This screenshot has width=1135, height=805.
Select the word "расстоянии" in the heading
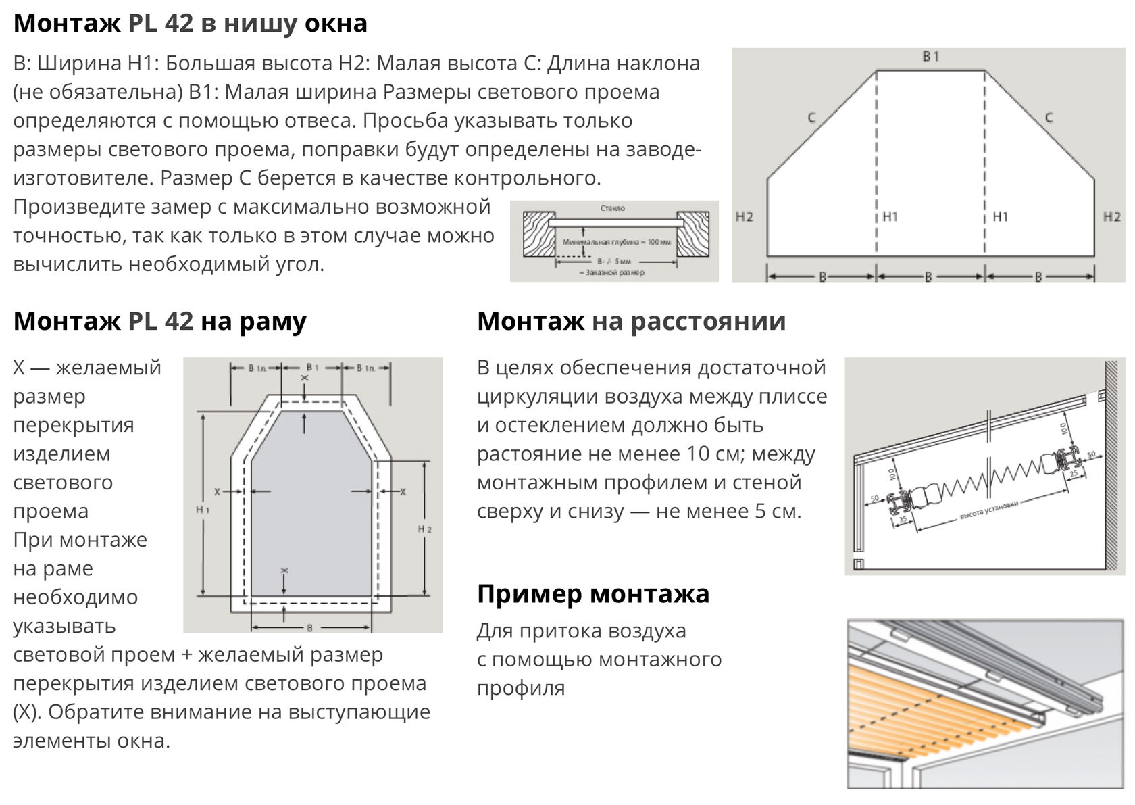(709, 321)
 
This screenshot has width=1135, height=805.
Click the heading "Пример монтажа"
(592, 594)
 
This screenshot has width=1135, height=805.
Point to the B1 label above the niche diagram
(931, 57)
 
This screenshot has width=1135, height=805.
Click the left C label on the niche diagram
(812, 118)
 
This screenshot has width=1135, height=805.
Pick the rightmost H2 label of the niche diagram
(1111, 217)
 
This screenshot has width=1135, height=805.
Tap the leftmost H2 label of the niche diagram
(744, 217)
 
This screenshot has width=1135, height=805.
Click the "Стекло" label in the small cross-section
(613, 208)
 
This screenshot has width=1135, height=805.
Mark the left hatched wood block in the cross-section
(538, 234)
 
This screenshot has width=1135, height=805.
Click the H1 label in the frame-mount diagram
(203, 510)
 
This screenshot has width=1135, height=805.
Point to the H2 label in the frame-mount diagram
(425, 529)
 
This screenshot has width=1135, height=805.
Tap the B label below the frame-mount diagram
(310, 628)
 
